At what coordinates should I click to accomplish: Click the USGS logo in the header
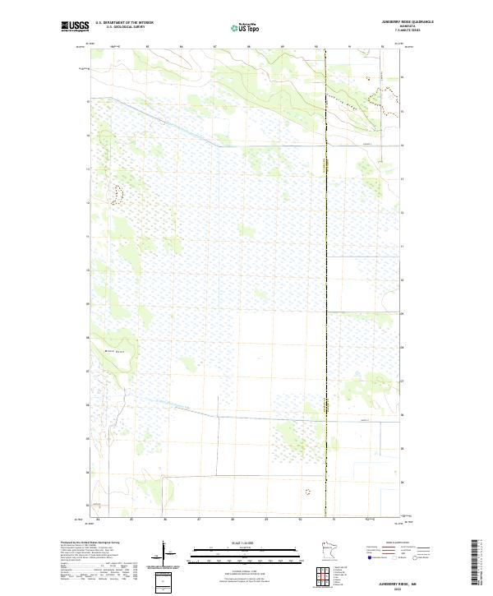pos(75,26)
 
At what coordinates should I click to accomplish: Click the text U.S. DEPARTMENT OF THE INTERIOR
pos(124,22)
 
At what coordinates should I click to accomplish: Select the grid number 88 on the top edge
pos(248,47)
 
